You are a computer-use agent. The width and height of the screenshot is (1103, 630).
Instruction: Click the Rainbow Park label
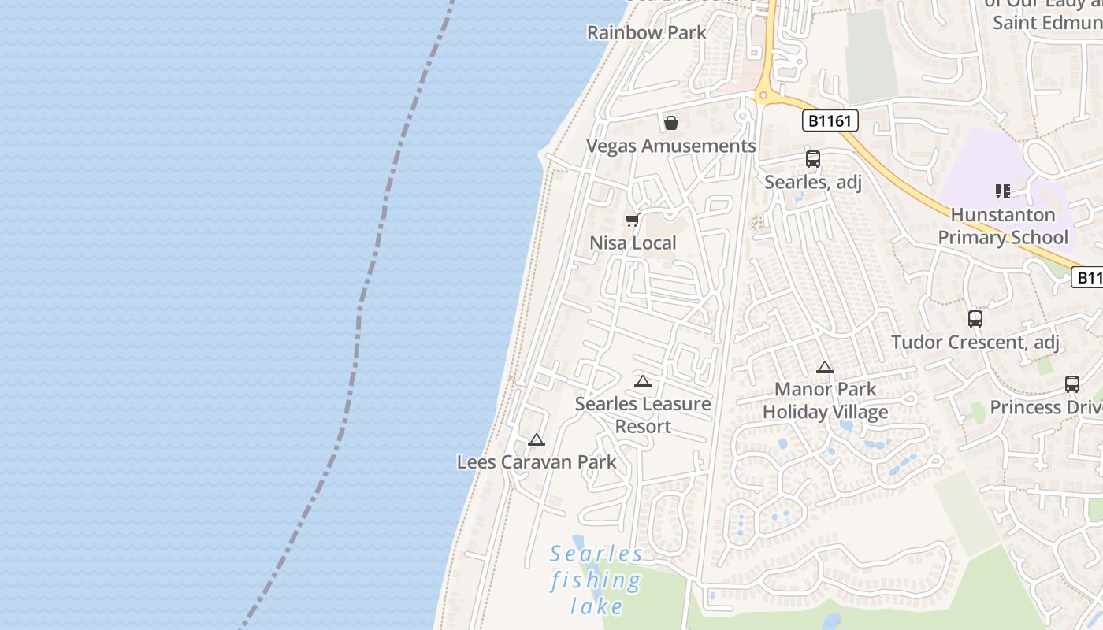[647, 33]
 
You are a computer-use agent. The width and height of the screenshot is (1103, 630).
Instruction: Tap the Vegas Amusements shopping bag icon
[671, 123]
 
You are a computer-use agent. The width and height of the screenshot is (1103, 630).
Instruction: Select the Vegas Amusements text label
[671, 146]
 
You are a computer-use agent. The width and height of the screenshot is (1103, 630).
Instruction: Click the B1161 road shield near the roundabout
[830, 120]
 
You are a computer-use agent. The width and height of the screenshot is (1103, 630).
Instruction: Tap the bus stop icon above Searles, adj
[813, 159]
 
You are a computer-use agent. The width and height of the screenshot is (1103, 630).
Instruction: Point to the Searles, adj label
[813, 183]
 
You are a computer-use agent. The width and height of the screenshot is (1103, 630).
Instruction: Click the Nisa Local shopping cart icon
[632, 220]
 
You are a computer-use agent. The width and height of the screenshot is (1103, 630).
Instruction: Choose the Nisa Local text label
[633, 243]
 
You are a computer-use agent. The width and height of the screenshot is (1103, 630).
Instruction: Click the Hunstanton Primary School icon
[1002, 191]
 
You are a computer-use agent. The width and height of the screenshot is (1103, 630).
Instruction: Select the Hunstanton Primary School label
[1003, 226]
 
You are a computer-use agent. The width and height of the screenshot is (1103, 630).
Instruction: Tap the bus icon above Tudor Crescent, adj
[975, 319]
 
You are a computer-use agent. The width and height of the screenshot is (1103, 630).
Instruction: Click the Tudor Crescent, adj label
[975, 343]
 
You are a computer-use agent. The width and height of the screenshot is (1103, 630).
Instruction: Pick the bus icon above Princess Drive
[1072, 384]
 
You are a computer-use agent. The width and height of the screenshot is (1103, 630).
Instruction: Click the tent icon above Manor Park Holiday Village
[825, 367]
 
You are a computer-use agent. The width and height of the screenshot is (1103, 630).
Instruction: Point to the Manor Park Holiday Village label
[825, 401]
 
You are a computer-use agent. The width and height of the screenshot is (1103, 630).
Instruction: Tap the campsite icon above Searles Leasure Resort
[643, 382]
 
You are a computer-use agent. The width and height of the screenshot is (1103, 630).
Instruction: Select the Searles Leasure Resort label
[643, 415]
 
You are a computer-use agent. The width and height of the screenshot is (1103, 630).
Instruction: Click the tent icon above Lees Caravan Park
[537, 439]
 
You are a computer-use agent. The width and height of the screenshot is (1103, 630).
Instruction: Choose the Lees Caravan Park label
[537, 462]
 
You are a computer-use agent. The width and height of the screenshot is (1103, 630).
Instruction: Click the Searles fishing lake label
[596, 580]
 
